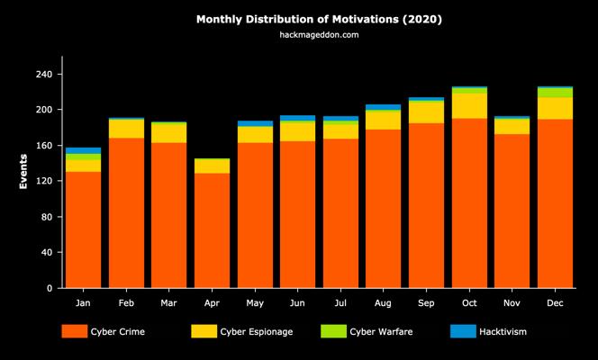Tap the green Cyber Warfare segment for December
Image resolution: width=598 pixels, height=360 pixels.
coord(555,93)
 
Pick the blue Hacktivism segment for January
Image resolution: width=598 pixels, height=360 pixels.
coord(83,150)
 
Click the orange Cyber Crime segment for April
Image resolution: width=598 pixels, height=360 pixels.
coord(212,230)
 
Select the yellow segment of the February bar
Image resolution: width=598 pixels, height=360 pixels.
coord(126,129)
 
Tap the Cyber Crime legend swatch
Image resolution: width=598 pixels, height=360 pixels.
coord(74,331)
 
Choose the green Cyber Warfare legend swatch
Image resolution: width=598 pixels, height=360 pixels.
coord(333,331)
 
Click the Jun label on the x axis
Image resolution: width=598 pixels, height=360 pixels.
coord(297,303)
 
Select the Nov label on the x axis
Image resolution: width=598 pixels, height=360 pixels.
coord(512,303)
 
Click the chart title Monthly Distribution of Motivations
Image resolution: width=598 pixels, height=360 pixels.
coord(319,18)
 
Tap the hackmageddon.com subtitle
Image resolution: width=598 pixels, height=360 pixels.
coord(319,35)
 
